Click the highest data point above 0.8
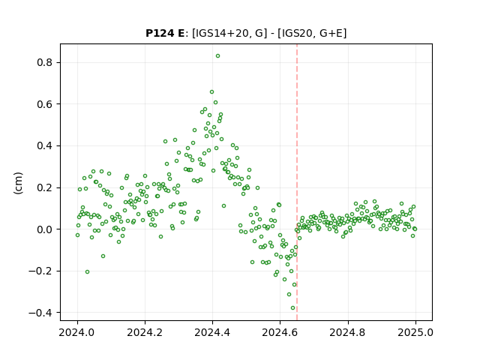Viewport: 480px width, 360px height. tap(217, 56)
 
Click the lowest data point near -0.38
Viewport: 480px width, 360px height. tap(292, 308)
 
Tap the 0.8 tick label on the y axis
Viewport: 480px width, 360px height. tap(44, 63)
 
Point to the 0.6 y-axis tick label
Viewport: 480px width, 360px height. tap(44, 104)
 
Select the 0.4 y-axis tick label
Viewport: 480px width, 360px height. tap(44, 146)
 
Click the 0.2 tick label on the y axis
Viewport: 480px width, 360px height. tap(44, 187)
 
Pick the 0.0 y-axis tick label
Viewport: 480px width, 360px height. tap(44, 229)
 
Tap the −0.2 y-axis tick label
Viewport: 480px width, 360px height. tap(40, 271)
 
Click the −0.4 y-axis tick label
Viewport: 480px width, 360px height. tap(40, 313)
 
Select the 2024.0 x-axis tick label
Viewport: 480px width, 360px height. tap(77, 332)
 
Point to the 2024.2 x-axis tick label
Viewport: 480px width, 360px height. tap(145, 332)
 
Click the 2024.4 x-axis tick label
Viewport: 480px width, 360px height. tap(212, 332)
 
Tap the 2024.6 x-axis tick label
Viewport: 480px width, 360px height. tap(280, 332)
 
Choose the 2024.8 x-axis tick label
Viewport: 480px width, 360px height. tap(347, 332)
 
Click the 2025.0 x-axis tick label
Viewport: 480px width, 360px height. tap(415, 332)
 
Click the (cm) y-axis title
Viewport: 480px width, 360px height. tap(18, 183)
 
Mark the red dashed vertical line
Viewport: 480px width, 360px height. tap(297, 182)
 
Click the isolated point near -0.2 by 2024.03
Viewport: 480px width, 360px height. tap(87, 271)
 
